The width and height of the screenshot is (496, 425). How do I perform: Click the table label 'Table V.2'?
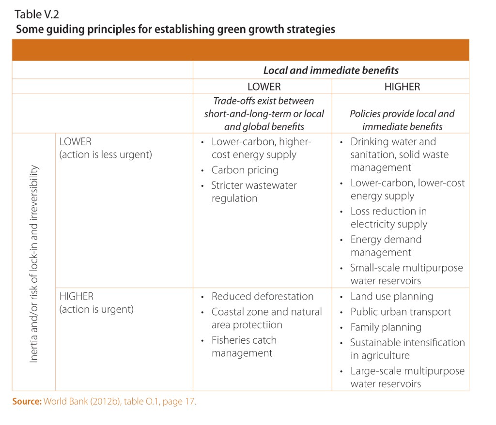tap(37, 13)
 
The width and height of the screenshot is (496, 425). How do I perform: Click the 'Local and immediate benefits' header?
tap(331, 70)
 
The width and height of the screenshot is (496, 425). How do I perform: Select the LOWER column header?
tap(264, 87)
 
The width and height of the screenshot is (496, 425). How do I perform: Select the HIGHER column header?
tap(402, 87)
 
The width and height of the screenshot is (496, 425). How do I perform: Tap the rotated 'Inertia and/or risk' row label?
tap(34, 264)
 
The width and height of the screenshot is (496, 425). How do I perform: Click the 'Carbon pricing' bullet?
tap(245, 170)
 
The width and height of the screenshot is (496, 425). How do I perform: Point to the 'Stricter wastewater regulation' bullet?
tap(254, 192)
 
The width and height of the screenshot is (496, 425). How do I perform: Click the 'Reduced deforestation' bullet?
tap(262, 296)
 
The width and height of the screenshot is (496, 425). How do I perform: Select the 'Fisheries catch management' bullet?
tap(244, 347)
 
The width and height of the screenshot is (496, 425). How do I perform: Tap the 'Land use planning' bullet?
tap(391, 296)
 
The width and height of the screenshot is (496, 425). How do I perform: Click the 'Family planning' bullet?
tap(386, 327)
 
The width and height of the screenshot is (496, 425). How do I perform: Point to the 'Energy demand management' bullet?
tap(386, 246)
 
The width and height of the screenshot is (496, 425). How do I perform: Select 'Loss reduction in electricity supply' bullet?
tap(388, 218)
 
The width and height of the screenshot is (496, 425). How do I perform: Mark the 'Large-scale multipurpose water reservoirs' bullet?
tap(407, 378)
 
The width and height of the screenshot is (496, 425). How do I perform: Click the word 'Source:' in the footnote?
tap(27, 401)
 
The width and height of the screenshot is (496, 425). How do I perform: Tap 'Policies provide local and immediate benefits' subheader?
tap(402, 120)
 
